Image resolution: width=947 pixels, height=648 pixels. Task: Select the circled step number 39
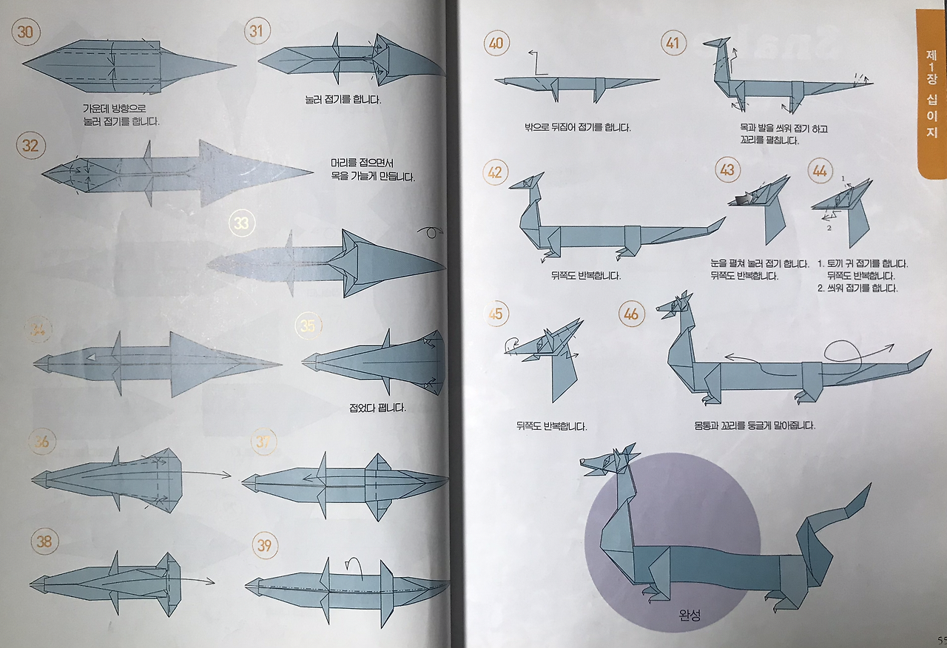[x=264, y=547]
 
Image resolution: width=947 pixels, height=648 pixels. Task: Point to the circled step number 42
[x=496, y=172]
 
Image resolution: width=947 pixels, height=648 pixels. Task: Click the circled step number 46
[x=631, y=314]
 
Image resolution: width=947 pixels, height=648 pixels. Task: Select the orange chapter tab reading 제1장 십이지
[x=931, y=93]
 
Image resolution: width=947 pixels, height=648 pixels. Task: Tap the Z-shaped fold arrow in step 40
[x=537, y=63]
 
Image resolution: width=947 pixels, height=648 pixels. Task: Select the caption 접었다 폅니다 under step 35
[x=377, y=408]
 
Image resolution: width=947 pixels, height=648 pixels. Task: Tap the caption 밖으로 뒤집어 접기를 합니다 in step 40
[x=577, y=127]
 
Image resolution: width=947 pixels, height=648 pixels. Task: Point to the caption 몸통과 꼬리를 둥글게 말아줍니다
[x=755, y=425]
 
